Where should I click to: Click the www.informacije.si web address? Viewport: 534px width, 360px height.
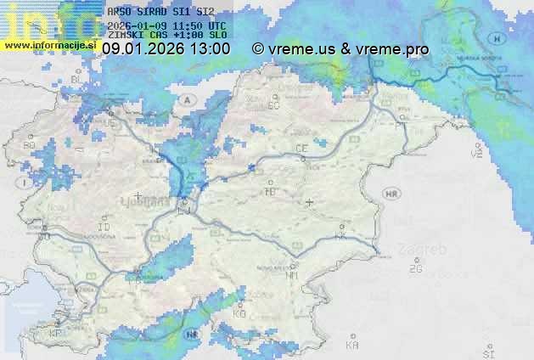pyautogui.click(x=50, y=43)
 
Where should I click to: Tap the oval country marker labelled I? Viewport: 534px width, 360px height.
pyautogui.click(x=26, y=182)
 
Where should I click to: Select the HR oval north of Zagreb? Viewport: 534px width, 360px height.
pyautogui.click(x=391, y=194)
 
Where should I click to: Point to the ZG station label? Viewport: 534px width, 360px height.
pyautogui.click(x=415, y=269)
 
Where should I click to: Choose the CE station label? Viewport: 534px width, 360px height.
pyautogui.click(x=301, y=149)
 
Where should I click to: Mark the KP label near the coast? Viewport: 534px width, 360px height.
pyautogui.click(x=56, y=333)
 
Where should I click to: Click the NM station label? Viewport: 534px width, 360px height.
pyautogui.click(x=292, y=275)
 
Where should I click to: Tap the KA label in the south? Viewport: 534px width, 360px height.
pyautogui.click(x=351, y=346)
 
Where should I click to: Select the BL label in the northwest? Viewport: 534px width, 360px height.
pyautogui.click(x=76, y=79)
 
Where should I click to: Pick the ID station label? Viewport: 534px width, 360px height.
pyautogui.click(x=104, y=228)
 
